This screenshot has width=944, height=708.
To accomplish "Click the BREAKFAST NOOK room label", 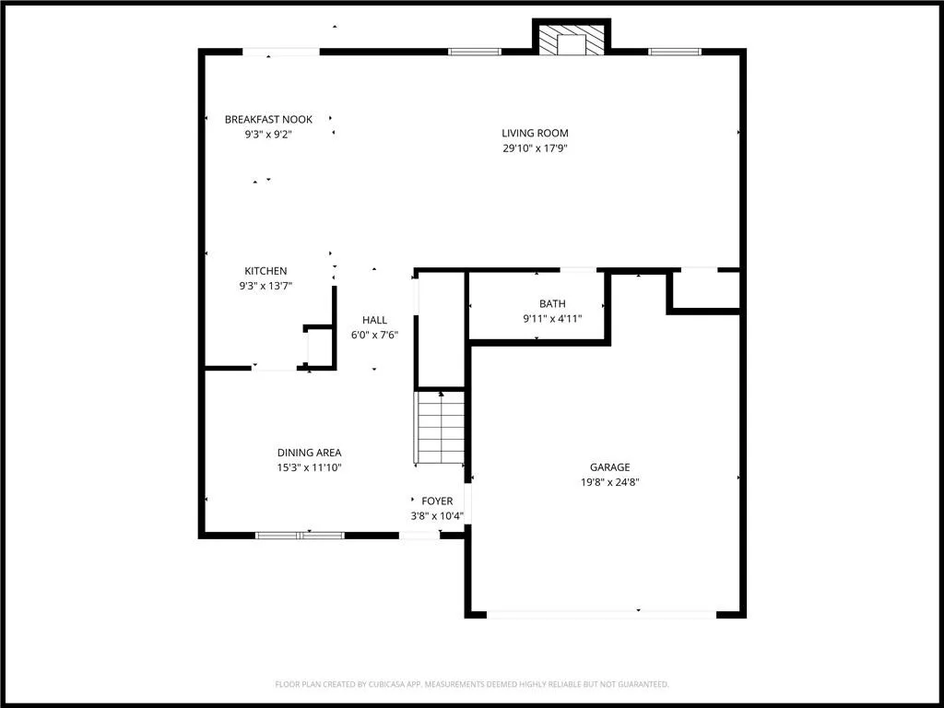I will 268,119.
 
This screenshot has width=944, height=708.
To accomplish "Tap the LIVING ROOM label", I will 535,133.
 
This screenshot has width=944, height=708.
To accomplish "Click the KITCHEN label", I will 265,271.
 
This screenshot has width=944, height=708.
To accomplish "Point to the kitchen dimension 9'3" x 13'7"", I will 265,286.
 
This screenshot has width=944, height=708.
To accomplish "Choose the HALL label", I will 374,320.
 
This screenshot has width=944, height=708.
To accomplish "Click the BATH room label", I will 552,304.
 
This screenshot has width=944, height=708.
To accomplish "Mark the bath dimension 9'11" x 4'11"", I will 552,319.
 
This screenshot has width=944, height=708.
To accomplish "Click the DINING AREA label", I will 309,453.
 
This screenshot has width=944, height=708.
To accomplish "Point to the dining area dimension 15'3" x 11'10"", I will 309,467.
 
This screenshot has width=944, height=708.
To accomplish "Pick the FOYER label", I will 437,501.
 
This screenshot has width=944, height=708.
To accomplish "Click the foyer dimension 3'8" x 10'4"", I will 437,516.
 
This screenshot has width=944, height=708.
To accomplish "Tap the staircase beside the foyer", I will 441,428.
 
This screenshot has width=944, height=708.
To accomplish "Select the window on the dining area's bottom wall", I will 300,535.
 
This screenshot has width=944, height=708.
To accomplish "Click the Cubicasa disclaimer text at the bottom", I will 472,684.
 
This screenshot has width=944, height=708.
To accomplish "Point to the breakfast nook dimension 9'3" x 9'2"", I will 268,134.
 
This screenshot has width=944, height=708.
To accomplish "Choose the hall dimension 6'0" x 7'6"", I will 374,335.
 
